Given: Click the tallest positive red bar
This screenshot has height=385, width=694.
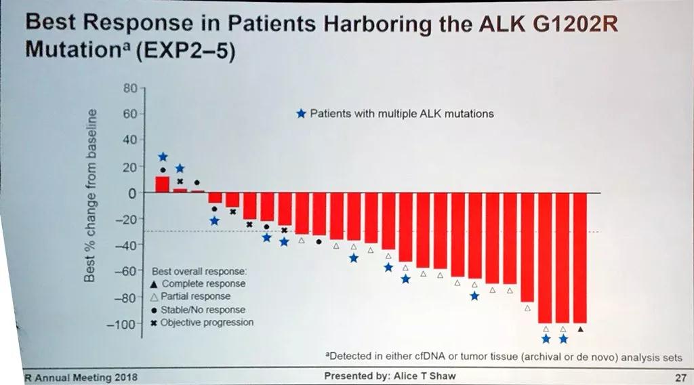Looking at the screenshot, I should (162, 184).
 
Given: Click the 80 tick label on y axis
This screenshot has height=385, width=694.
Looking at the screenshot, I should (130, 87).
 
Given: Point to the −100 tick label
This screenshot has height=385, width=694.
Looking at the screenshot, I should (123, 324).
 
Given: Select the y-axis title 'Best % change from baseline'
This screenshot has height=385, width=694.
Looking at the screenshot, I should (94, 197).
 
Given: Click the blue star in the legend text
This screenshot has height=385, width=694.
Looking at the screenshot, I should (302, 114).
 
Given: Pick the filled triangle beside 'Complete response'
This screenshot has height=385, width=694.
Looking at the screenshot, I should (155, 284).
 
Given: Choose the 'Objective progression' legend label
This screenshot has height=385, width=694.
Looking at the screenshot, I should (207, 322).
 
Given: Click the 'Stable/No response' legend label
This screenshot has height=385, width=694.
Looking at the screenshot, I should (203, 309).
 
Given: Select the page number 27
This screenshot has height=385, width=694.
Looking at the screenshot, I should (680, 376).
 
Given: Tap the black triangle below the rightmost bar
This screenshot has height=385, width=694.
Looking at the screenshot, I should (581, 329).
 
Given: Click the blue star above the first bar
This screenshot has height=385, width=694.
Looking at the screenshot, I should (162, 157).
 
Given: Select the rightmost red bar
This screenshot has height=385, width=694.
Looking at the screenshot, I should (579, 258).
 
